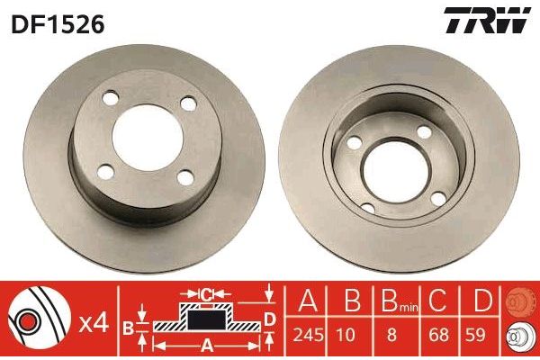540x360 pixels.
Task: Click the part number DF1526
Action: [58, 25]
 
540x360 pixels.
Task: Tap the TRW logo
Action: [487, 20]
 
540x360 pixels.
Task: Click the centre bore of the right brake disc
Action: [397, 172]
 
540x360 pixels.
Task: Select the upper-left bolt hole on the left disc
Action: [110, 98]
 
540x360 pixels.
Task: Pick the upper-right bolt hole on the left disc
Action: [188, 103]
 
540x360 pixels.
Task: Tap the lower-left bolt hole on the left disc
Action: [105, 172]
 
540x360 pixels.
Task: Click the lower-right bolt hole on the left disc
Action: [185, 177]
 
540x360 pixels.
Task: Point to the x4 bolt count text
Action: [94, 324]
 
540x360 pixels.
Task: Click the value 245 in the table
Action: [308, 335]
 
